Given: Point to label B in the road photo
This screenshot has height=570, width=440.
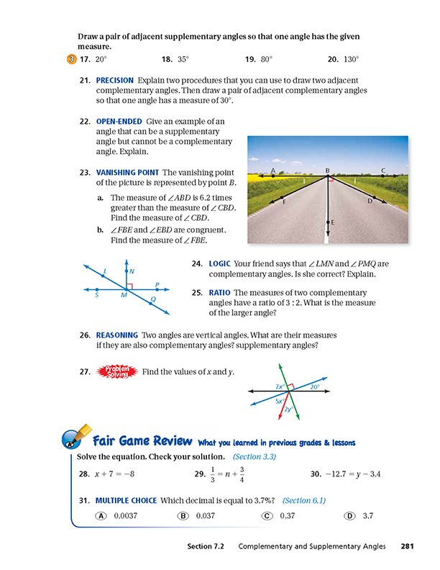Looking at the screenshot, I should pyautogui.click(x=327, y=170).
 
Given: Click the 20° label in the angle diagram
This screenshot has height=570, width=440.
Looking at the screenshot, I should pyautogui.click(x=314, y=386).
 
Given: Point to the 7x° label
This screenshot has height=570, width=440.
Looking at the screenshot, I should pyautogui.click(x=280, y=387).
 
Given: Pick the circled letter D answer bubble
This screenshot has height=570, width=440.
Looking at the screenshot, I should pyautogui.click(x=349, y=515).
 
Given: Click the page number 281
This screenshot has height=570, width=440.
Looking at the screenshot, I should pyautogui.click(x=407, y=546).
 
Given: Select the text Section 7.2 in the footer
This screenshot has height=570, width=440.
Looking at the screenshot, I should pyautogui.click(x=204, y=546).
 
